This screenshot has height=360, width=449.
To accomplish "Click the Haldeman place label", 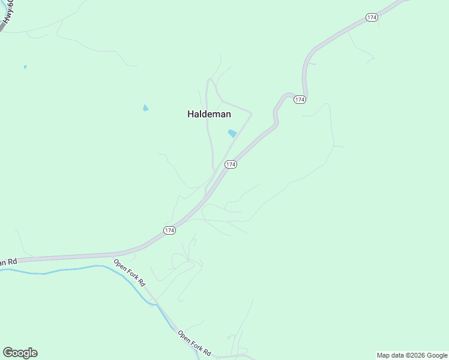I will click(209, 114).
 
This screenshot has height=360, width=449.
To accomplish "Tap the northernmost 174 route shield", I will click(372, 18).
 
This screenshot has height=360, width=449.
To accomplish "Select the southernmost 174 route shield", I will click(169, 230).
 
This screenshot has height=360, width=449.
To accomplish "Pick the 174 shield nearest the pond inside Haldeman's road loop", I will click(231, 164).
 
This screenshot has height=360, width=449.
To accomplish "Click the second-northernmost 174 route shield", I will click(300, 99).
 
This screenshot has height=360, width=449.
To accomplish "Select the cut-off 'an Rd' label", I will click(8, 262).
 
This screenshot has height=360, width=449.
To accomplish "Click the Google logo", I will click(20, 353).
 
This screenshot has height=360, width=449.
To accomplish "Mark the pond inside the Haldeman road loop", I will click(232, 133).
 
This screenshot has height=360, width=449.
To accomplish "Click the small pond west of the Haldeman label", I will click(145, 108).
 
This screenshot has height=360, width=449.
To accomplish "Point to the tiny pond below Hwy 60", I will click(25, 67).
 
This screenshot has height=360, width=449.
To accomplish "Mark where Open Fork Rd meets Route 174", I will click(114, 257).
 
